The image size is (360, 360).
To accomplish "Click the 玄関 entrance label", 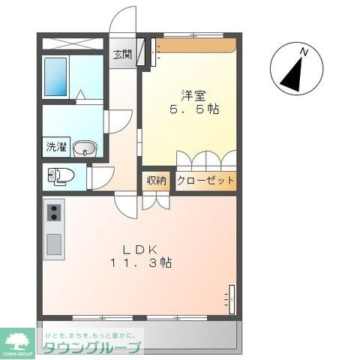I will click(x=122, y=54).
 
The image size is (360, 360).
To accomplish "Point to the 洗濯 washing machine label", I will click(x=55, y=147).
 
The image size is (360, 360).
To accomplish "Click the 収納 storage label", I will click(x=156, y=181).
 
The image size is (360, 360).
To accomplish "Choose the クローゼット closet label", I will click(x=205, y=181).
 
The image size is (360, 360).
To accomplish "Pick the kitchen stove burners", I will click(x=53, y=214).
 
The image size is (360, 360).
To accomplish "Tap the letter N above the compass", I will click(x=304, y=51).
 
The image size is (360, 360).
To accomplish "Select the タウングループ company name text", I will click(x=90, y=347).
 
